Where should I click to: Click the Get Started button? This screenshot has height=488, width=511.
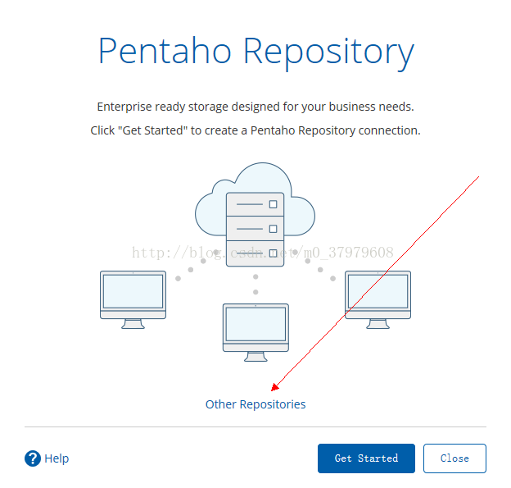click(366, 458)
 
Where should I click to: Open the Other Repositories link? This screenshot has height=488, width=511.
click(255, 404)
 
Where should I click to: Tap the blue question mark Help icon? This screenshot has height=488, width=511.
click(33, 458)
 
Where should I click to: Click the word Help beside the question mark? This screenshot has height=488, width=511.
click(57, 458)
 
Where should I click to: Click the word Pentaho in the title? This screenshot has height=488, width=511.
click(165, 51)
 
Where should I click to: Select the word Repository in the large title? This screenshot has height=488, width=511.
click(329, 52)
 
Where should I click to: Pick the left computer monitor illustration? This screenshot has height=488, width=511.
click(133, 299)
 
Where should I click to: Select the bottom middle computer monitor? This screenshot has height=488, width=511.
click(255, 332)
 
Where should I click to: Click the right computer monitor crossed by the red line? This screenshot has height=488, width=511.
click(378, 299)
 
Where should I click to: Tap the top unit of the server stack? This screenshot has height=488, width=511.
click(255, 204)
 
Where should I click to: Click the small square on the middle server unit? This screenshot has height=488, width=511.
click(273, 229)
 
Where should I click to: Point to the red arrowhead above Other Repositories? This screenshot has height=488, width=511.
click(275, 387)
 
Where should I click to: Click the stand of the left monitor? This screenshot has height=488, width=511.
click(133, 324)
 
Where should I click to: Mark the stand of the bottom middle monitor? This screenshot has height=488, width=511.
click(255, 357)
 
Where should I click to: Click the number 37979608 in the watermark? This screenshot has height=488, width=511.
click(361, 253)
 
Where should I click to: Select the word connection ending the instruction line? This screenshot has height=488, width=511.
click(390, 130)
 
